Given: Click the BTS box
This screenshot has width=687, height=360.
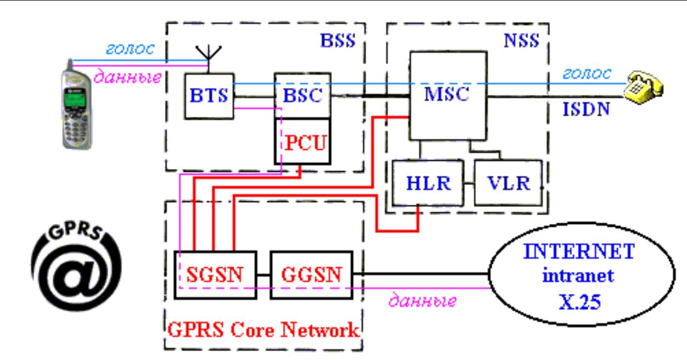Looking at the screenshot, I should click(209, 96).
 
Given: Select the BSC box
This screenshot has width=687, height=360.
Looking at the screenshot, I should click(303, 95).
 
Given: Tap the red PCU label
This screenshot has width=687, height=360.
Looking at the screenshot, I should click(305, 143).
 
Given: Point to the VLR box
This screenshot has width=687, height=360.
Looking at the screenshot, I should click(508, 183).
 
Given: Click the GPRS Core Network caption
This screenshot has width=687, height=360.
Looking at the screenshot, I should click(263, 330).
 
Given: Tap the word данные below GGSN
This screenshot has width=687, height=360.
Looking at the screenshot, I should click(422, 300).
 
